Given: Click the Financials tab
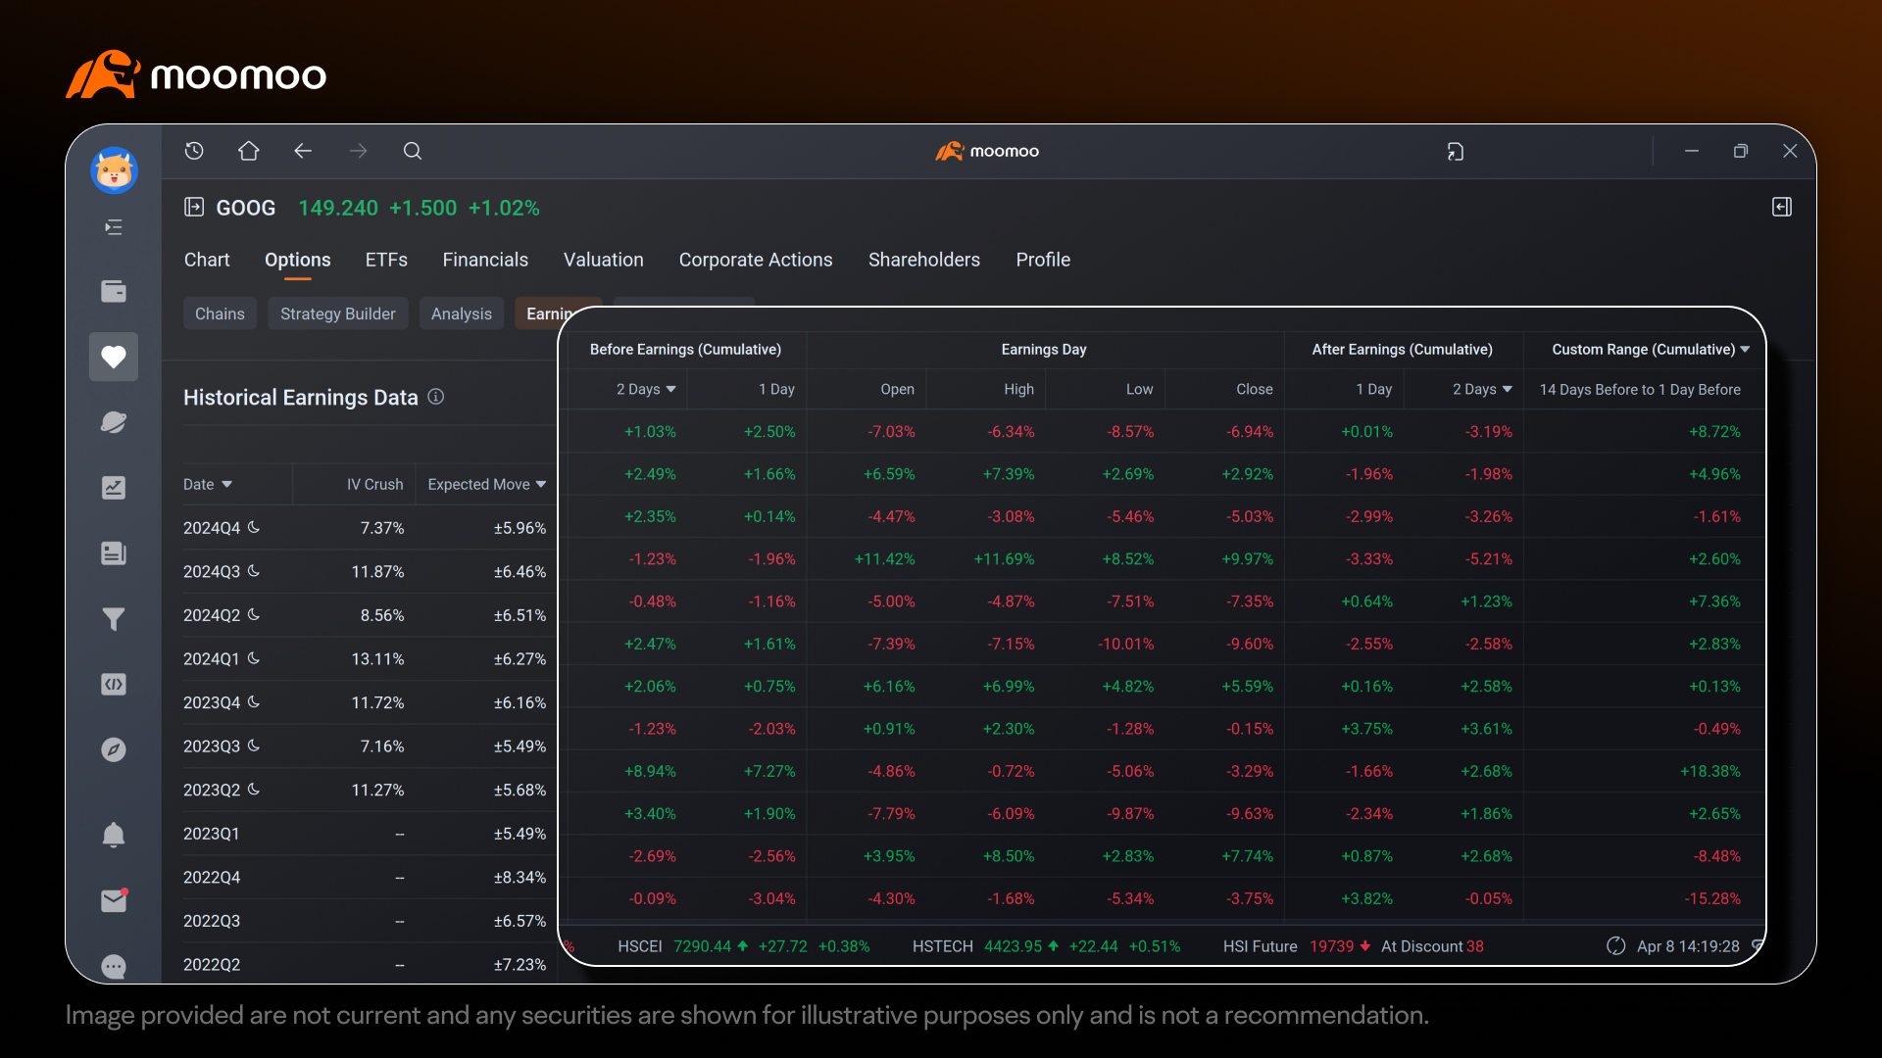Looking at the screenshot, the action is tap(485, 260).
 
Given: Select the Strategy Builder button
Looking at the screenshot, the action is tap(338, 313).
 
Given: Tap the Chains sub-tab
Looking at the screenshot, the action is tap(220, 313).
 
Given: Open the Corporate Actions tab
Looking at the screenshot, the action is tap(756, 260).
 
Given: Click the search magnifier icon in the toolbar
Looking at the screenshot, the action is tap(413, 151).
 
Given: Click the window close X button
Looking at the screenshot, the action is tap(1790, 151).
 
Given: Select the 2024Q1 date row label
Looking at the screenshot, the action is tap(212, 659).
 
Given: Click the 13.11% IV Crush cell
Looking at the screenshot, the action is tap(377, 659).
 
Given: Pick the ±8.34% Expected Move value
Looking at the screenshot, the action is tap(520, 878).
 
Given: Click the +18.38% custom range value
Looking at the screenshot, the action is tap(1710, 772).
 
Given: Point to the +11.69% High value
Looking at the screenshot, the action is tap(1004, 559).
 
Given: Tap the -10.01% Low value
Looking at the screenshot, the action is tap(1126, 645).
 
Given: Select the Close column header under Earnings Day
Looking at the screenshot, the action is tap(1255, 390).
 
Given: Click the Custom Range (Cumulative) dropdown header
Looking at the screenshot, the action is tap(1651, 350).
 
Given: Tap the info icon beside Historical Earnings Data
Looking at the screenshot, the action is tap(436, 397).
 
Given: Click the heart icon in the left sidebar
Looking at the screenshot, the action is tap(114, 357).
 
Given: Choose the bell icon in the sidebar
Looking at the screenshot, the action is tap(114, 835).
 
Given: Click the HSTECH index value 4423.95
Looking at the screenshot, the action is tap(1013, 946).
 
